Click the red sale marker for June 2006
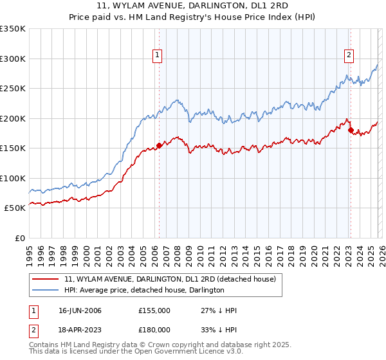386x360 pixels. (x=159, y=145)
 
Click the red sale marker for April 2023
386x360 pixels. (x=351, y=130)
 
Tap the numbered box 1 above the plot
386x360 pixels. (x=157, y=56)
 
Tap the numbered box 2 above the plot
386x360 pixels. (x=349, y=56)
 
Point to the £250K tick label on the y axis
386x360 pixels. (x=13, y=89)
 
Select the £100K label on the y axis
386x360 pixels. (x=13, y=178)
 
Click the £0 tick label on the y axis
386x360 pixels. (x=19, y=238)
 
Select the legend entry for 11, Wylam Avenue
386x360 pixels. (x=170, y=279)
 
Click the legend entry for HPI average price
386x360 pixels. (x=144, y=290)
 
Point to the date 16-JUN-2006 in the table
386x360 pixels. (x=80, y=310)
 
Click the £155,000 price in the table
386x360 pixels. (x=154, y=310)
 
